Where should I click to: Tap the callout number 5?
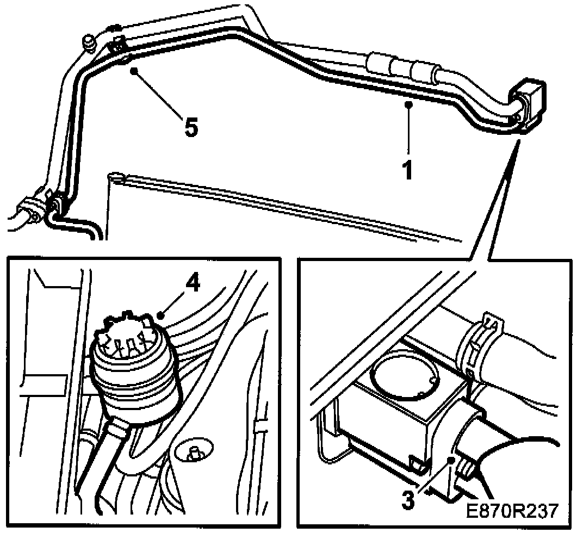click(x=190, y=128)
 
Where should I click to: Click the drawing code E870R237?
click(x=511, y=511)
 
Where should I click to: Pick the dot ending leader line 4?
click(x=160, y=314)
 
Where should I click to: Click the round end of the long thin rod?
click(x=114, y=176)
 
